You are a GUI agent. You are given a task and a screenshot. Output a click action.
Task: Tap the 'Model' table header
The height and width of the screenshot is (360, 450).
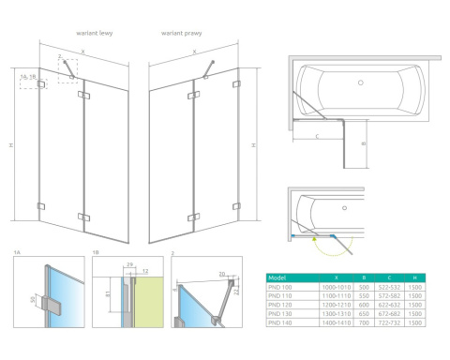click(277, 277)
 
